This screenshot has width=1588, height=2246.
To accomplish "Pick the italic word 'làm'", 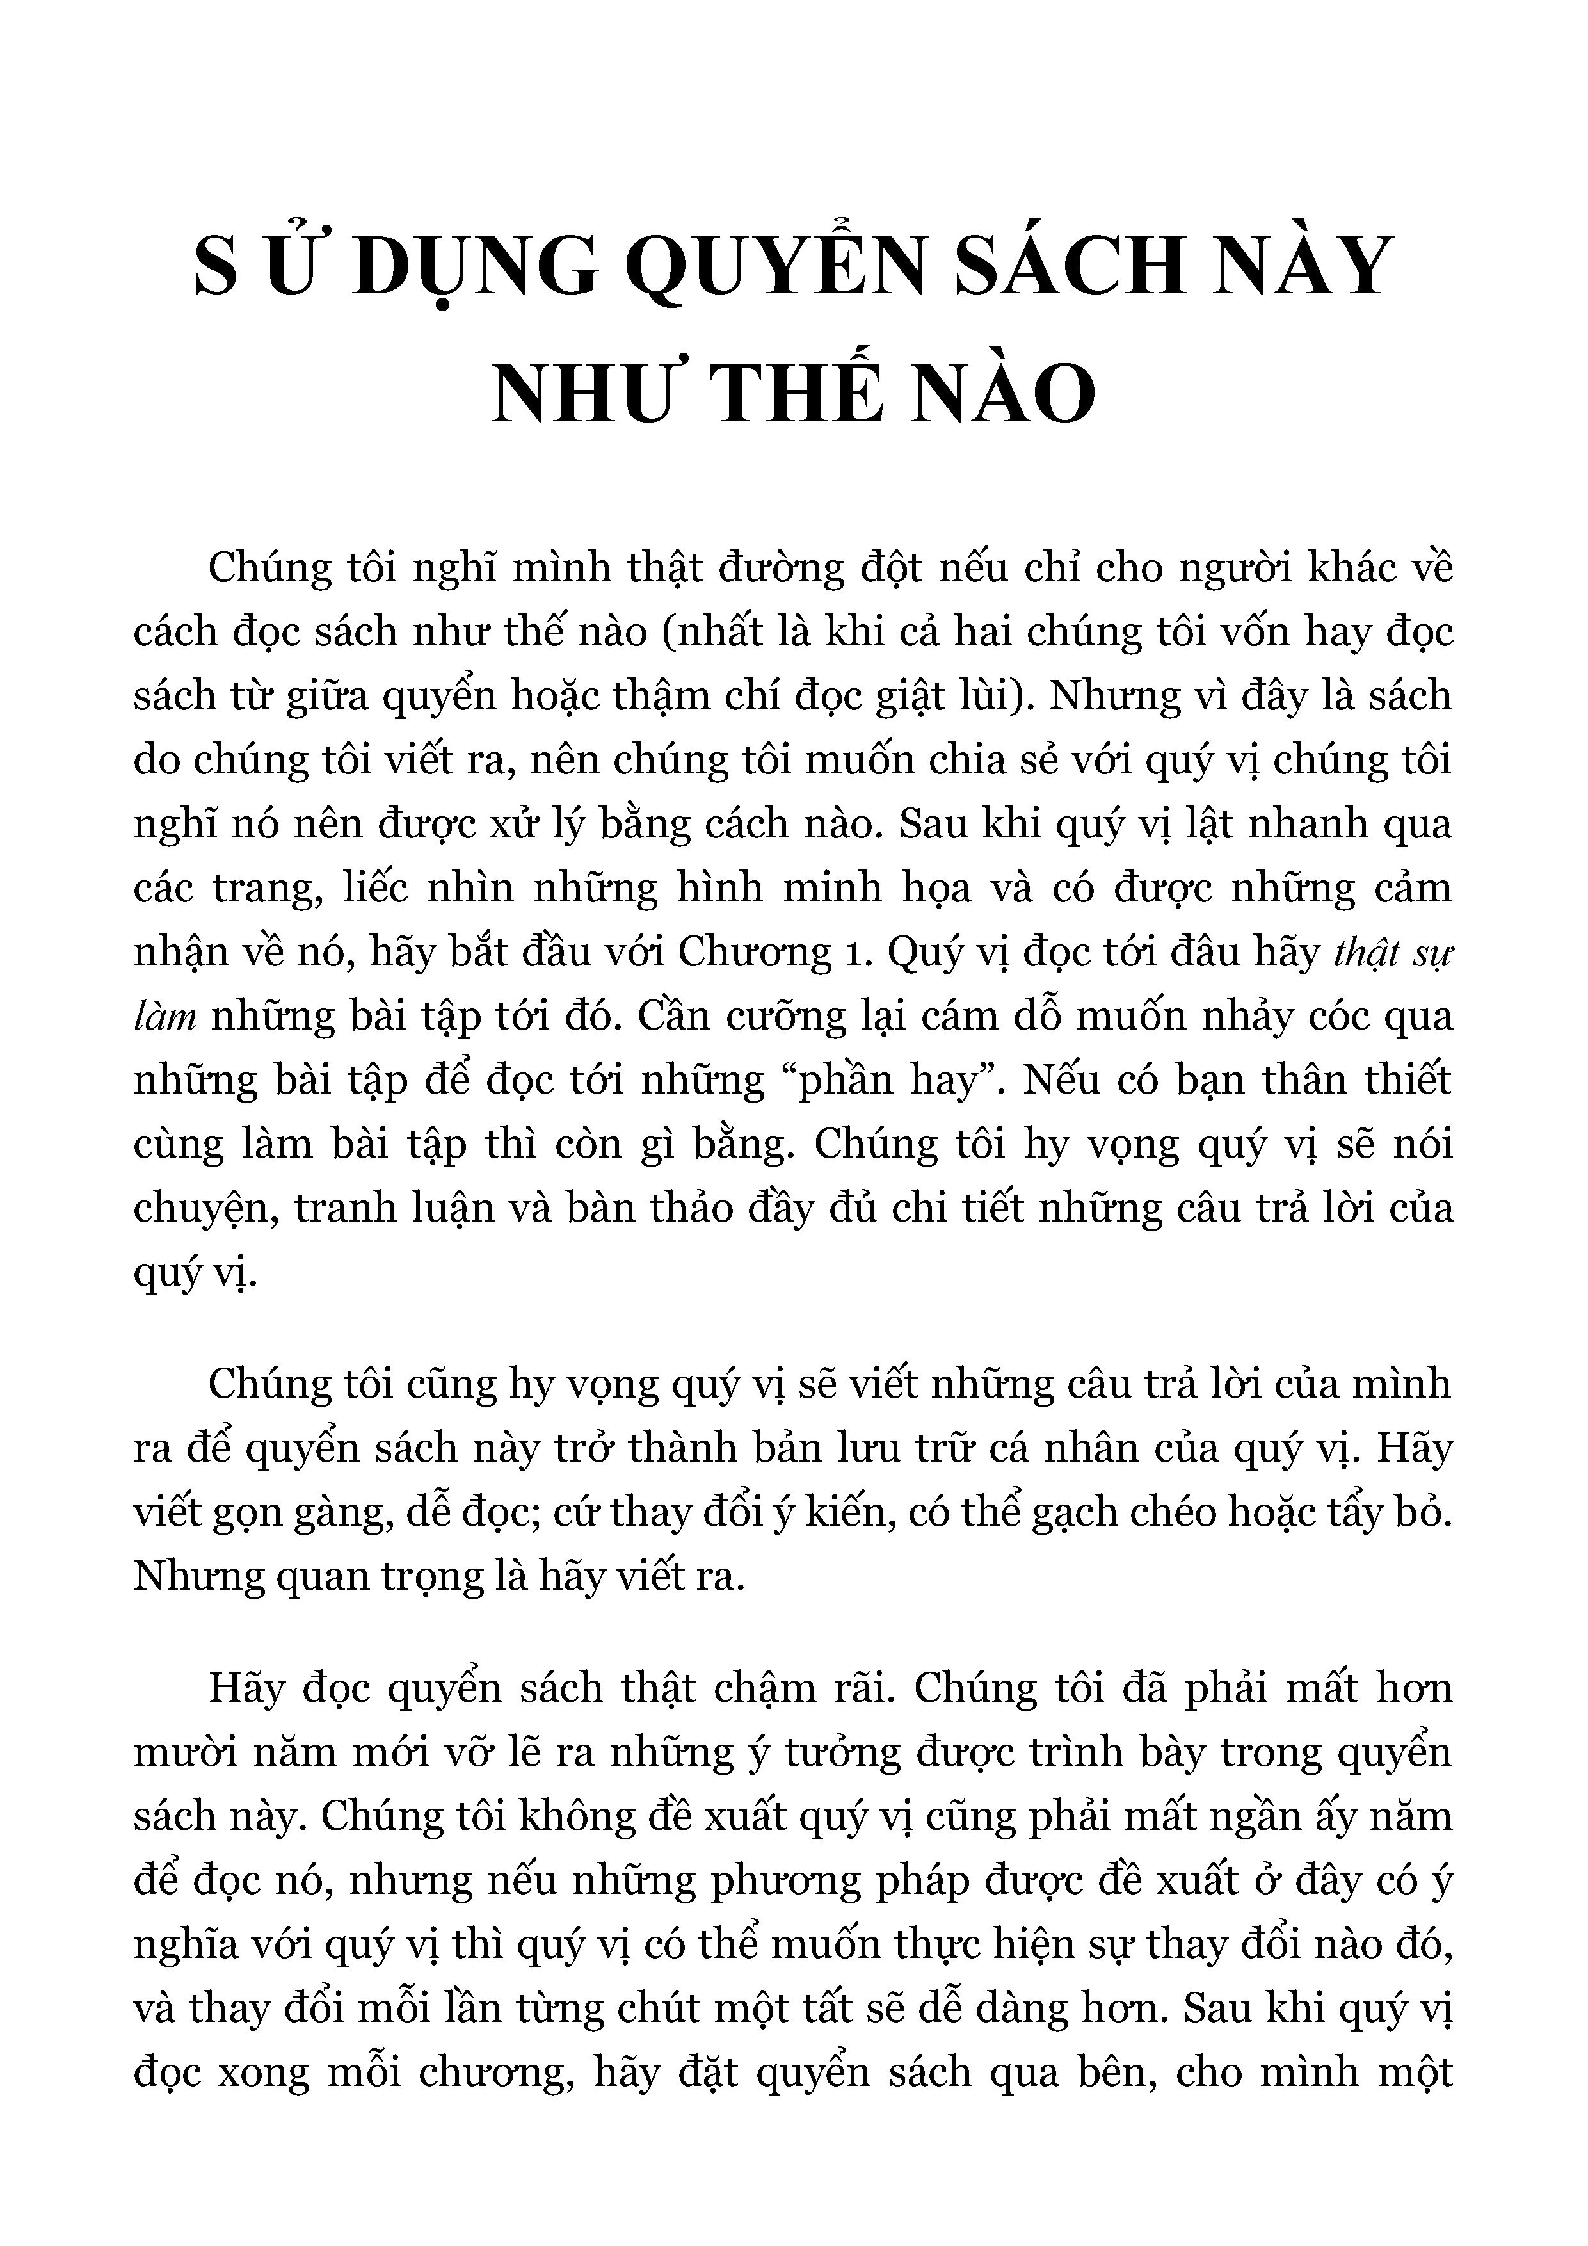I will (165, 1016).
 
